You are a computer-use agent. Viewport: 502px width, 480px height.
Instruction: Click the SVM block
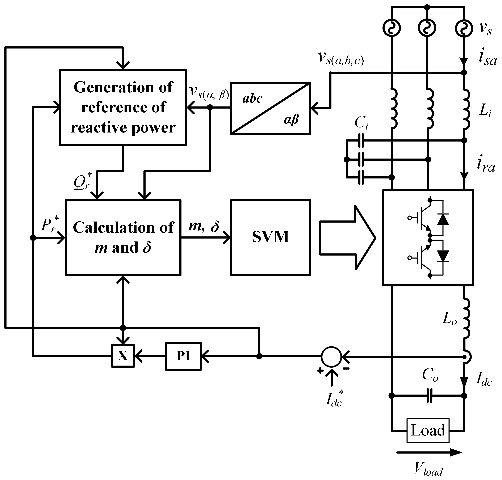pos(270,237)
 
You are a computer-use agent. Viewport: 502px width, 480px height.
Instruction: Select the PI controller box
pos(183,356)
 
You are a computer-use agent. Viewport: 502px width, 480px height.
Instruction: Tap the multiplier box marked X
pos(123,356)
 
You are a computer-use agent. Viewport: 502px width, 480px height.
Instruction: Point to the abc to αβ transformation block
pos(270,108)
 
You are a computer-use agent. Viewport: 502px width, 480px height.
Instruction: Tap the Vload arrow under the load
pos(429,452)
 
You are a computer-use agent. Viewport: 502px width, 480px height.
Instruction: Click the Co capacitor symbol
pos(430,396)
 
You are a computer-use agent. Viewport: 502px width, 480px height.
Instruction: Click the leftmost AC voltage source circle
pos(391,28)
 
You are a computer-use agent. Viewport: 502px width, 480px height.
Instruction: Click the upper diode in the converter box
pos(443,220)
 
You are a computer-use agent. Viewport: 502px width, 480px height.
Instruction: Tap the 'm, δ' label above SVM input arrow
pos(204,226)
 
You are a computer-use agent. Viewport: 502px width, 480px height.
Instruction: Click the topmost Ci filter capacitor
pos(361,140)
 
